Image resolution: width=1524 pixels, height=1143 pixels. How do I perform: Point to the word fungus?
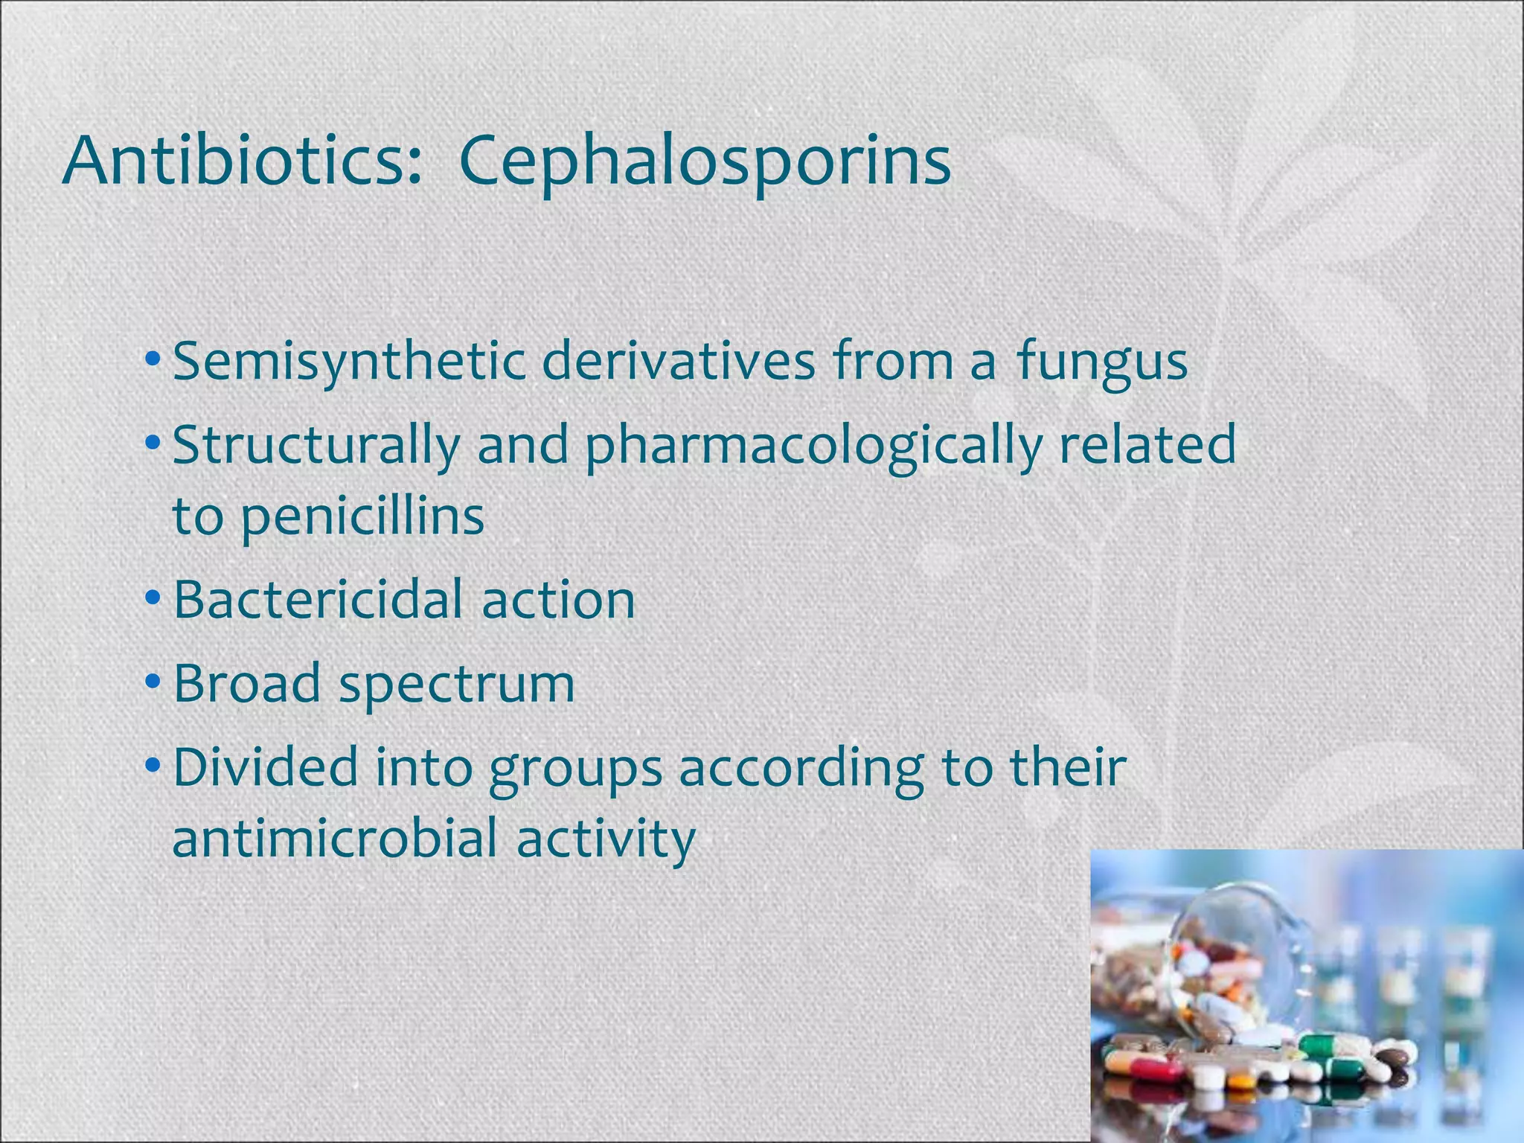1101,362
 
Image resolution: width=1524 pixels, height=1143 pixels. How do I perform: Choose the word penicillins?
362,516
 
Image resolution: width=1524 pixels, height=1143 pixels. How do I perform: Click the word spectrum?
457,685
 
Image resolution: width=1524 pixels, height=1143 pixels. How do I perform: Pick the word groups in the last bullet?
574,768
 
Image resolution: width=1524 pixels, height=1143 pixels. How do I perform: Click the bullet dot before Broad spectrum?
153,681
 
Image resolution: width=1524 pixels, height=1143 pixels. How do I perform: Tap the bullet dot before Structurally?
153,442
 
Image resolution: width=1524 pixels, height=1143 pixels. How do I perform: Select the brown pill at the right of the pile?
1393,1057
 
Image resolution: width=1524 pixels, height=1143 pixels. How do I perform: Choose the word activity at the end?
606,838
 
